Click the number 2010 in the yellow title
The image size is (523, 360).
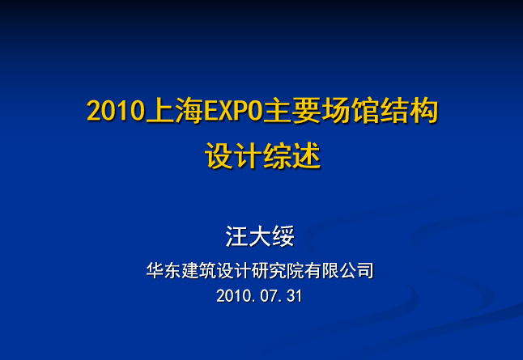pyautogui.click(x=116, y=111)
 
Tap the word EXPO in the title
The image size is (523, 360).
pyautogui.click(x=233, y=111)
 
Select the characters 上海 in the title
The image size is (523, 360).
pyautogui.click(x=174, y=110)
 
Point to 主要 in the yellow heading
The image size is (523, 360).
pyautogui.click(x=292, y=110)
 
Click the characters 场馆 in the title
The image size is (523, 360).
pyautogui.click(x=351, y=110)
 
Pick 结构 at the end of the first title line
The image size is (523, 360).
pyautogui.click(x=409, y=110)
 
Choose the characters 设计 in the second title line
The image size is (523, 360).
pyautogui.click(x=233, y=155)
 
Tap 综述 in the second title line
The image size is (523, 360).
pyautogui.click(x=291, y=155)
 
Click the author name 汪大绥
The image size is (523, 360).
pyautogui.click(x=260, y=236)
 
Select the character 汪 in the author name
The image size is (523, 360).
pyautogui.click(x=237, y=236)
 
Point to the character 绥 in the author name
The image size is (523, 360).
pyautogui.click(x=283, y=236)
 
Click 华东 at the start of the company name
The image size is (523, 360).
pyautogui.click(x=164, y=270)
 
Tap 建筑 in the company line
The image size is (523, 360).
pyautogui.click(x=198, y=270)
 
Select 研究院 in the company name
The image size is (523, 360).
pyautogui.click(x=277, y=270)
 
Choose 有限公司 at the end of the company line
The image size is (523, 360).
pyautogui.click(x=338, y=270)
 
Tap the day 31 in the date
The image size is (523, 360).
pyautogui.click(x=295, y=296)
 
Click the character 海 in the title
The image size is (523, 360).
pyautogui.click(x=189, y=110)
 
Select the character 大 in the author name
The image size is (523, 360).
pyautogui.click(x=260, y=236)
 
